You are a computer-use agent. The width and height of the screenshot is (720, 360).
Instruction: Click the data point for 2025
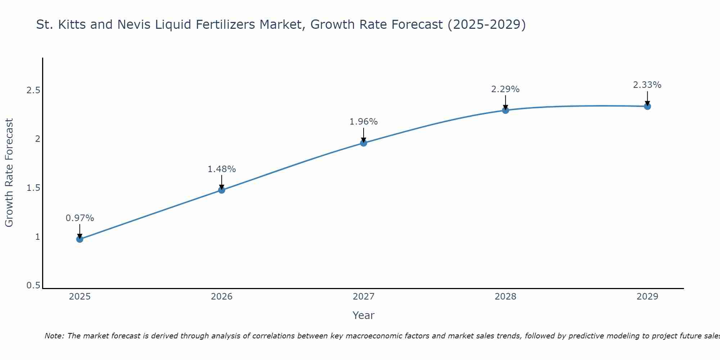pos(80,239)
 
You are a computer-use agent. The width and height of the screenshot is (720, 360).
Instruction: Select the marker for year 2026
pos(222,190)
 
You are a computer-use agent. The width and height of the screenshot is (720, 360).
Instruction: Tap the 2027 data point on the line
pos(364,143)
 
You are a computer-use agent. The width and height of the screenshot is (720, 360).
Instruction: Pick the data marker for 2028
pos(505,110)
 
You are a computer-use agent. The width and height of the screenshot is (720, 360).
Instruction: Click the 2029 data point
pos(647,106)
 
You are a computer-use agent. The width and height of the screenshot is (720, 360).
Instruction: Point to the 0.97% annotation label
pos(80,218)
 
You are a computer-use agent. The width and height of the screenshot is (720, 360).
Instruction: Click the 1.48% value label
pos(222,169)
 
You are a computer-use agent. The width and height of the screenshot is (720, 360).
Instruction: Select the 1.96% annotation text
pos(364,122)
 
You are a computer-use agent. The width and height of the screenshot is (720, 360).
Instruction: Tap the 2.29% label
pos(505,89)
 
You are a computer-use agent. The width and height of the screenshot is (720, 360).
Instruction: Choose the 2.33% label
pos(647,85)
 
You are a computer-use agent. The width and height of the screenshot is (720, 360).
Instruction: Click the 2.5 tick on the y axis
pos(33,90)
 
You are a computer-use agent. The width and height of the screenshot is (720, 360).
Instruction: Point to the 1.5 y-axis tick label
pos(33,188)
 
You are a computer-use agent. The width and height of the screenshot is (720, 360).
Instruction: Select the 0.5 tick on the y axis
pos(33,285)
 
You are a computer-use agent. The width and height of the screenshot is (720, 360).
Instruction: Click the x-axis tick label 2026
pos(222,297)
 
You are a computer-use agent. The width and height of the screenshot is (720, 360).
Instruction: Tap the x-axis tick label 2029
pos(647,297)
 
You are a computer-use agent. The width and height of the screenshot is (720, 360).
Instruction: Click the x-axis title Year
pos(364,315)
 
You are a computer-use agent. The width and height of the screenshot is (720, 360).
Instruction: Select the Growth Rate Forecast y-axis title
pos(9,173)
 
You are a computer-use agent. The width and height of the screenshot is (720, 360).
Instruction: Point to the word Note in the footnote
pos(54,336)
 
